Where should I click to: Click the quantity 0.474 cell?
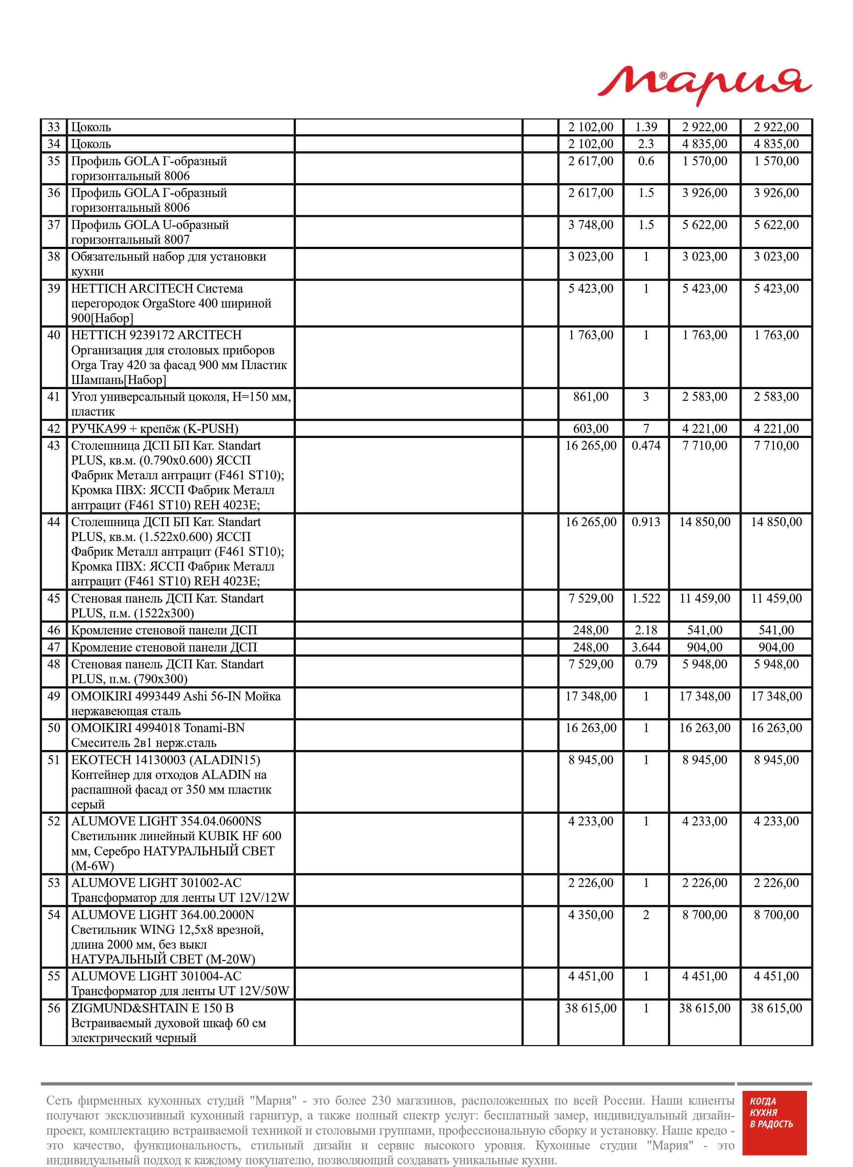(x=646, y=446)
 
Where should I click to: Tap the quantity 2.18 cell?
(x=646, y=630)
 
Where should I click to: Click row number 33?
(x=54, y=127)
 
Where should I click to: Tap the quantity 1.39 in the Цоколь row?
(x=646, y=127)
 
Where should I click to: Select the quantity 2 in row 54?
(x=646, y=915)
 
